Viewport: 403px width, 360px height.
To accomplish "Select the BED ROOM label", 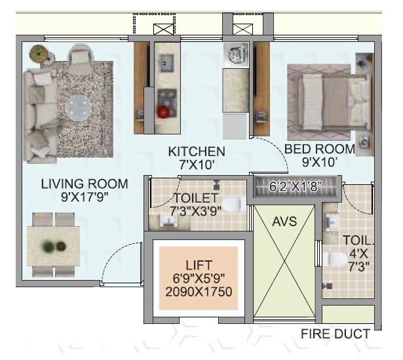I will (x=319, y=149).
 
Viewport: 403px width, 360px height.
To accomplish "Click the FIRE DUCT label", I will (x=335, y=334).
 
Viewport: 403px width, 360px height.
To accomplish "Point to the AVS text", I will (x=284, y=221).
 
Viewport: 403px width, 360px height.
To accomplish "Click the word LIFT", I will (x=199, y=265).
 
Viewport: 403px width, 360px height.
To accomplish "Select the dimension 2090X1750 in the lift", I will (x=199, y=292).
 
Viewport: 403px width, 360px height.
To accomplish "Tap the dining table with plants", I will (x=53, y=247).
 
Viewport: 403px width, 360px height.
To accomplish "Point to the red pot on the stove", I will (x=163, y=112).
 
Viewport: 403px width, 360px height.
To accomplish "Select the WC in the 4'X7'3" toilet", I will (x=334, y=260).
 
